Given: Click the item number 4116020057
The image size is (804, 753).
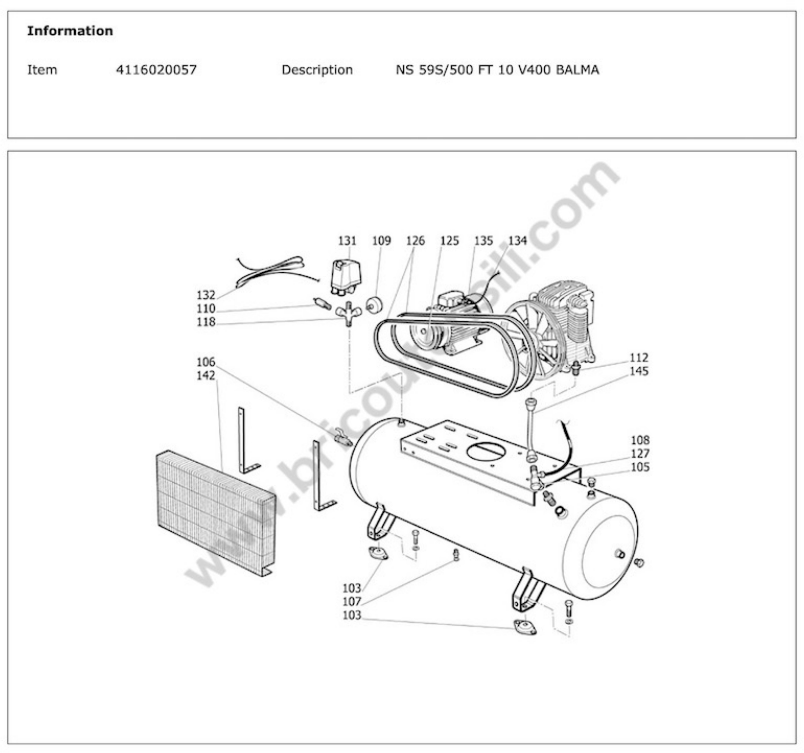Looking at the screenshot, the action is [156, 70].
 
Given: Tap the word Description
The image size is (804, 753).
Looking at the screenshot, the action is [317, 70].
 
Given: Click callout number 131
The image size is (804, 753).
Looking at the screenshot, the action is [347, 241].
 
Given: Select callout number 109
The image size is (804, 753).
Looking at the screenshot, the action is [381, 241].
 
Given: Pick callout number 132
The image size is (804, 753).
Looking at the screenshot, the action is [206, 295].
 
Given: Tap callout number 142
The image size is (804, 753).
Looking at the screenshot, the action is [206, 375].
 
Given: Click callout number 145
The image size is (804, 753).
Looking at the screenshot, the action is [639, 371].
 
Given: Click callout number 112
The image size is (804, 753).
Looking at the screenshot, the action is [639, 358].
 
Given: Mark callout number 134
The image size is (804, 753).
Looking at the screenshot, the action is [518, 241].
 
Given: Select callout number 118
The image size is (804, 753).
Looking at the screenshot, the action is [206, 322].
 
